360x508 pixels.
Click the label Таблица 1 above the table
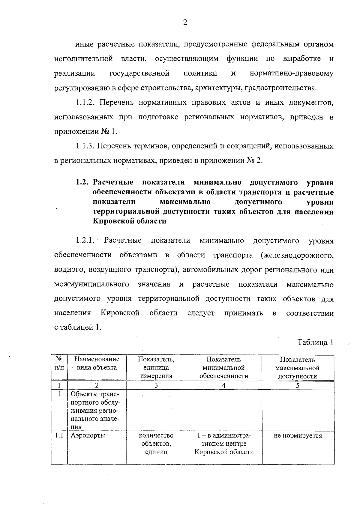pyautogui.click(x=315, y=342)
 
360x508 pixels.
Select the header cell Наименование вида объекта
pyautogui.click(x=97, y=363)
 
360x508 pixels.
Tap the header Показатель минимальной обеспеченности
pyautogui.click(x=223, y=367)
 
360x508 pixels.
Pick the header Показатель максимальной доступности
pyautogui.click(x=297, y=368)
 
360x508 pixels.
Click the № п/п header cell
pyautogui.click(x=59, y=363)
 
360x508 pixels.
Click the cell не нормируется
pyautogui.click(x=298, y=435)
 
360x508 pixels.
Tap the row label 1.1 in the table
pyautogui.click(x=59, y=435)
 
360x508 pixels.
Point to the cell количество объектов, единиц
pyautogui.click(x=156, y=444)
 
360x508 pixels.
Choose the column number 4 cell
pyautogui.click(x=223, y=385)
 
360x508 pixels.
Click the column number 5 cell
pyautogui.click(x=298, y=385)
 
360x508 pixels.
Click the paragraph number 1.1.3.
pyautogui.click(x=85, y=146)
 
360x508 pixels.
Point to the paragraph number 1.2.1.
pyautogui.click(x=85, y=241)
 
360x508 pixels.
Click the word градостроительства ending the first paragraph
pyautogui.click(x=280, y=88)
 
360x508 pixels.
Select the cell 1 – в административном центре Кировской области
pyautogui.click(x=223, y=444)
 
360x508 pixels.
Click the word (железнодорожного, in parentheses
pyautogui.click(x=297, y=255)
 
